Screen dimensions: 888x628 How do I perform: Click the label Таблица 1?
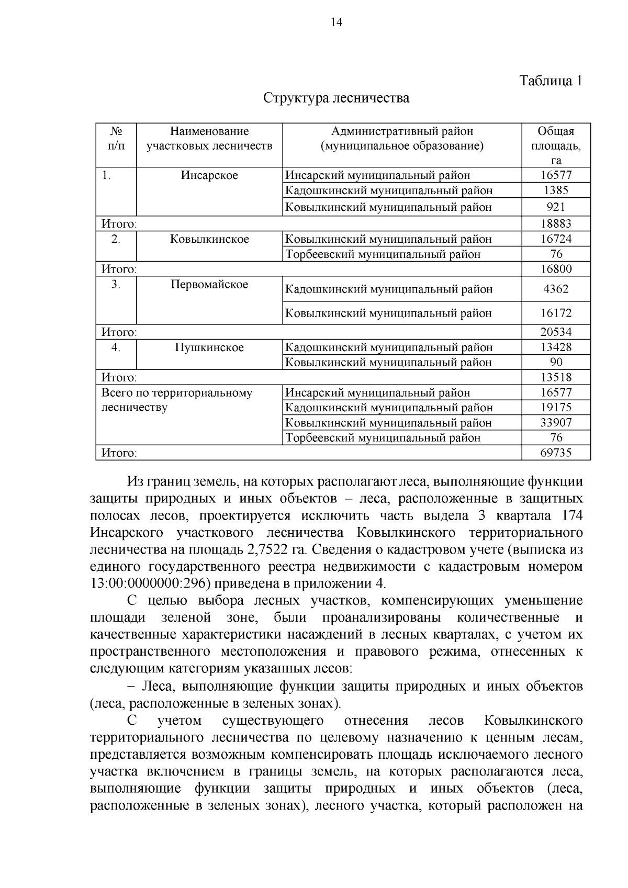551,81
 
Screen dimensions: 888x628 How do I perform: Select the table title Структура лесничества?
336,98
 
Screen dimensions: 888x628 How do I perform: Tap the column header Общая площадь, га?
556,145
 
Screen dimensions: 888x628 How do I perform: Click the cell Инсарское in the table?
209,175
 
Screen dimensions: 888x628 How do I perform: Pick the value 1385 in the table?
556,190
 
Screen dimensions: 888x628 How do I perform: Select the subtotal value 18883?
556,224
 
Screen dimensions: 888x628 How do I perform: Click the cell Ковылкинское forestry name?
209,239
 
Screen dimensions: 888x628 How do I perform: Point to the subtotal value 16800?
556,269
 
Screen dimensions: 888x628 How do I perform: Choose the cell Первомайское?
209,285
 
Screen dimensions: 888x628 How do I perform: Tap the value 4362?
556,289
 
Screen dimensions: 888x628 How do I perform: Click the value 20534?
556,332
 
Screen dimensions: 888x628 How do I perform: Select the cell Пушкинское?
209,347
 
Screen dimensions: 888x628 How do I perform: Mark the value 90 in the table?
556,362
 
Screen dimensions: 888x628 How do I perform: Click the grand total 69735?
556,453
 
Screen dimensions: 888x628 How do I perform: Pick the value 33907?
556,422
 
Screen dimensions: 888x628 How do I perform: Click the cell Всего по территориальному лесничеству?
176,400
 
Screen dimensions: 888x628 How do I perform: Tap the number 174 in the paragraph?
571,515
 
